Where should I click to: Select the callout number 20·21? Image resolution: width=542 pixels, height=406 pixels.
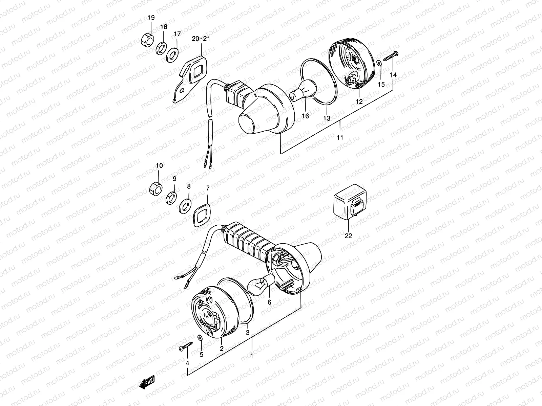click(x=201, y=39)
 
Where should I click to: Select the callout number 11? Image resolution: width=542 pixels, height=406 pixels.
click(x=340, y=137)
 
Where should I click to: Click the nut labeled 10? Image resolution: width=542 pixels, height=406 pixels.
click(x=156, y=188)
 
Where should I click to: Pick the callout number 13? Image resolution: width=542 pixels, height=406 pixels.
click(x=327, y=118)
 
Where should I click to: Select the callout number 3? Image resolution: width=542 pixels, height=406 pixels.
click(x=248, y=332)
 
